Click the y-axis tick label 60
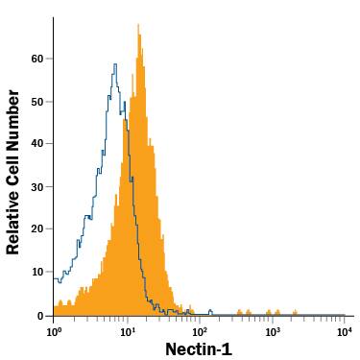pos(37,59)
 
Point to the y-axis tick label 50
pos(37,101)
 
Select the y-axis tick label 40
pos(37,144)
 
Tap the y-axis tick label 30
pos(37,186)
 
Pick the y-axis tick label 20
pos(37,229)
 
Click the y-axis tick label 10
pos(37,272)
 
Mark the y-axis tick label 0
pos(40,315)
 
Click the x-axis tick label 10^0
pos(54,331)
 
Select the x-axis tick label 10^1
pos(127,331)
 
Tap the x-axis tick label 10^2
pos(200,331)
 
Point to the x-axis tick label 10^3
pos(273,331)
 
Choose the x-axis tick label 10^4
pos(345,331)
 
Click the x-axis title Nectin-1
pos(199,348)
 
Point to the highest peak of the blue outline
pos(115,65)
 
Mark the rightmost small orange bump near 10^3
pos(295,311)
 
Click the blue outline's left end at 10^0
pos(55,282)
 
